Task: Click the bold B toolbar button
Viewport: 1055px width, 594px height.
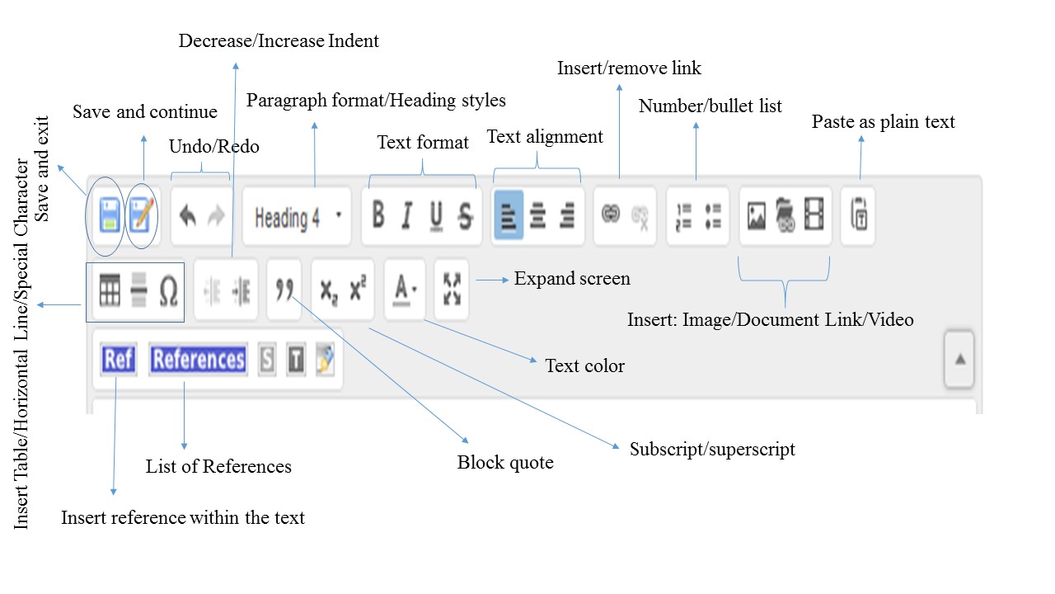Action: point(378,216)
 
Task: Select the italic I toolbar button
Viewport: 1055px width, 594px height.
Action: point(406,216)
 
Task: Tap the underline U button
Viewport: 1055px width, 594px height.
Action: point(436,216)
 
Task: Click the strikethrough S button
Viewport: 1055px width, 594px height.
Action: point(466,216)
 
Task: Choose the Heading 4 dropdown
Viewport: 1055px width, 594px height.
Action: point(297,217)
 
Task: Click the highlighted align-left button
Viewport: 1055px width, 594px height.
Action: point(508,216)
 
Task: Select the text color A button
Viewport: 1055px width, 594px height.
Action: point(404,290)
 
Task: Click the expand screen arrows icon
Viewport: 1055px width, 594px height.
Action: point(451,290)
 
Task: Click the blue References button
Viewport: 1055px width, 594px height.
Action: point(199,360)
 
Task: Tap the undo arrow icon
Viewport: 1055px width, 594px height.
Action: point(187,216)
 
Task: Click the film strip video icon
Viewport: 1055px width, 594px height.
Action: point(814,216)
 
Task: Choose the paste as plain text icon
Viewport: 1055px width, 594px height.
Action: point(858,216)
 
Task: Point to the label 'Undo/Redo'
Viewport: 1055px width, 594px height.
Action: point(214,147)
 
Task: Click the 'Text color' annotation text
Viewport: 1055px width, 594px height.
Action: point(585,365)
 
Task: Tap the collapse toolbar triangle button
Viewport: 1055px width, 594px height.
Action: point(959,360)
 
